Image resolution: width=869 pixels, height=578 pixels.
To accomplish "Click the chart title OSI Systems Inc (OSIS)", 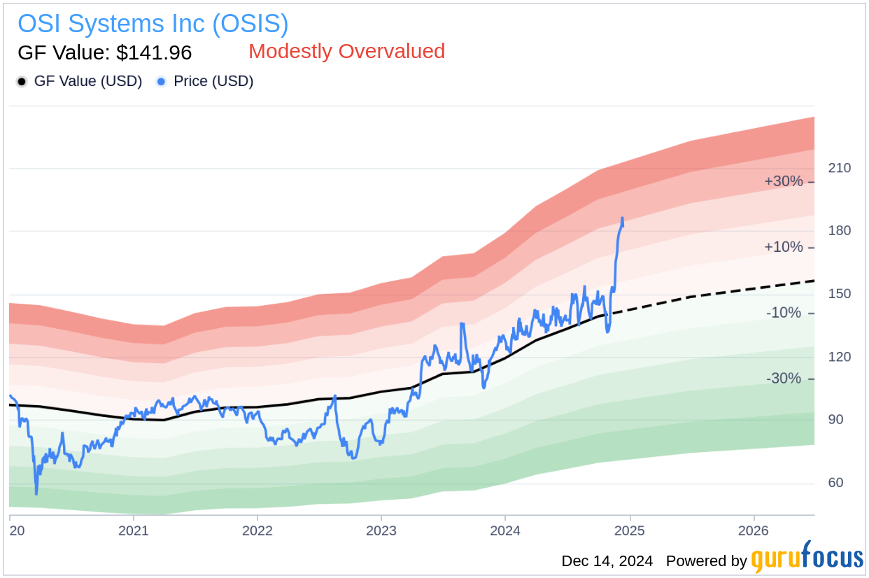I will [153, 24].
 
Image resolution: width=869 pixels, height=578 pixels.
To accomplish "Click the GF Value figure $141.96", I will [104, 52].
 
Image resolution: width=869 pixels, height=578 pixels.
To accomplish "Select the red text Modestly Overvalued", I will [346, 51].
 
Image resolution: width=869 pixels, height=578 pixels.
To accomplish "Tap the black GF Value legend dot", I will [22, 82].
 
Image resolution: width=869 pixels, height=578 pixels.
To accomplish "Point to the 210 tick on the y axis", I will [840, 168].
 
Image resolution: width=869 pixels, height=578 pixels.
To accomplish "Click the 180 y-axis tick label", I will [840, 231].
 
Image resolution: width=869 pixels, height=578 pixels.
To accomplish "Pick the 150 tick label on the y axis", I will [840, 294].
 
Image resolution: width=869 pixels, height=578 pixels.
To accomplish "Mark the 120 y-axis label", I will [840, 357].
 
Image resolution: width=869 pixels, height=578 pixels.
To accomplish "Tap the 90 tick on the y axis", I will [835, 420].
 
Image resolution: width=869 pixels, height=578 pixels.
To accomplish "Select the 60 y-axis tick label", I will [835, 483].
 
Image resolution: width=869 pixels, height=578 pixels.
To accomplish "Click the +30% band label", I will [783, 181].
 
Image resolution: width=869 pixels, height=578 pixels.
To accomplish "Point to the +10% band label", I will [783, 247].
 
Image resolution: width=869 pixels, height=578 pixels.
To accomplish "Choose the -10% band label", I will [784, 313].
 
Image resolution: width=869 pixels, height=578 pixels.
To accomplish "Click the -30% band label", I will [784, 379].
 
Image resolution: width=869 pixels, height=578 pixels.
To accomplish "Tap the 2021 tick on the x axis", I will [133, 530].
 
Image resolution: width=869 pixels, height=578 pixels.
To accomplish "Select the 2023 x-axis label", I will [381, 530].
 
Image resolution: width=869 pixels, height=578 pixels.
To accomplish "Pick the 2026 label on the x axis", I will [753, 530].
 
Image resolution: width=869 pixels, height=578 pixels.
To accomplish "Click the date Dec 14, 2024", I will [607, 561].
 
